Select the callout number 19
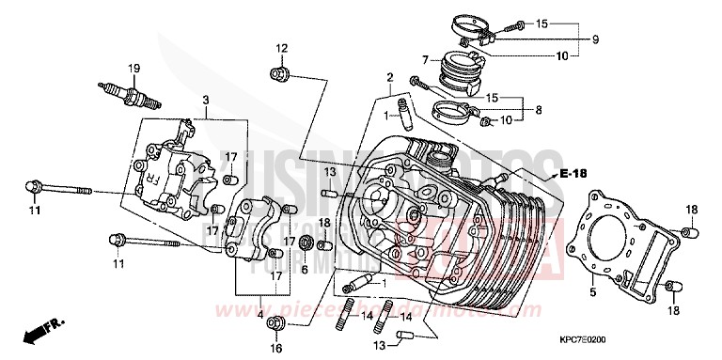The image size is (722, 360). [x=134, y=68]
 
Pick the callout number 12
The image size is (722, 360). [x=281, y=48]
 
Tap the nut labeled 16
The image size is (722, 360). [x=276, y=324]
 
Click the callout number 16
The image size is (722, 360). [x=276, y=348]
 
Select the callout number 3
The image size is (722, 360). [x=205, y=100]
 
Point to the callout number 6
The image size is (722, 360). [x=305, y=268]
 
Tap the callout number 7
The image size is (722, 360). [x=424, y=59]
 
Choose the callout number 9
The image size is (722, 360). [x=595, y=39]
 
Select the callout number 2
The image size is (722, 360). [x=388, y=77]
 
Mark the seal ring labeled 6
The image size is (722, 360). [x=305, y=245]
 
